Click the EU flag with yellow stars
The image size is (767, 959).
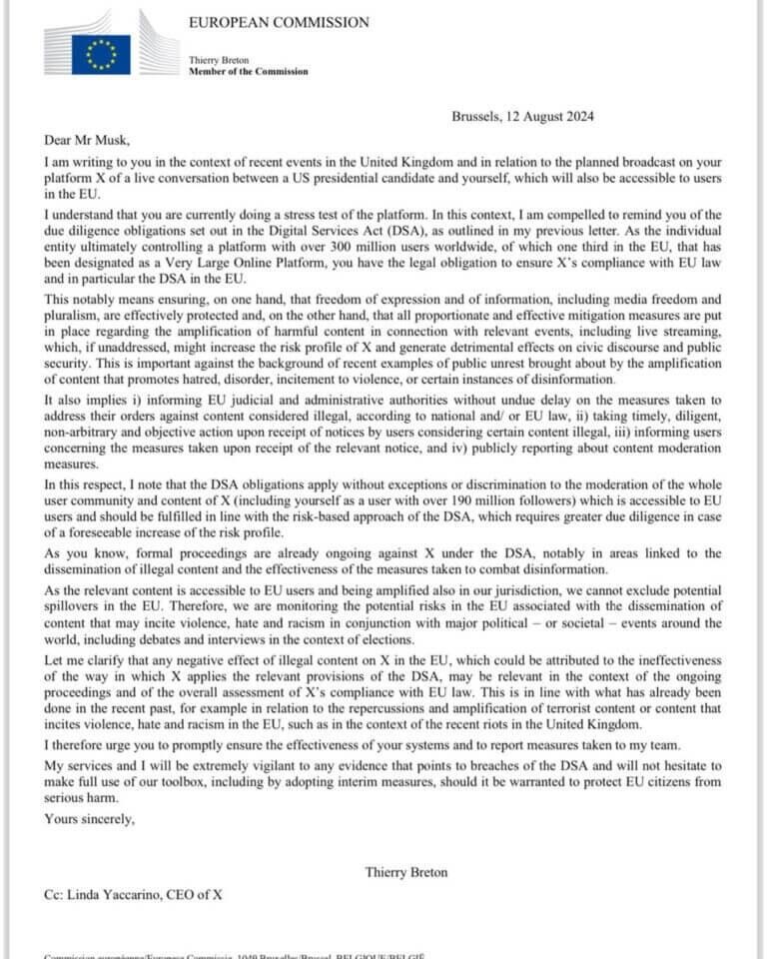(100, 54)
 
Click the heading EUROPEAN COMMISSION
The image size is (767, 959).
(279, 22)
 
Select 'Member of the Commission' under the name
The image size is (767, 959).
(249, 72)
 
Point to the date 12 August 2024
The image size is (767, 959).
(551, 117)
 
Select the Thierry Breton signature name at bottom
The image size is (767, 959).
(406, 872)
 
